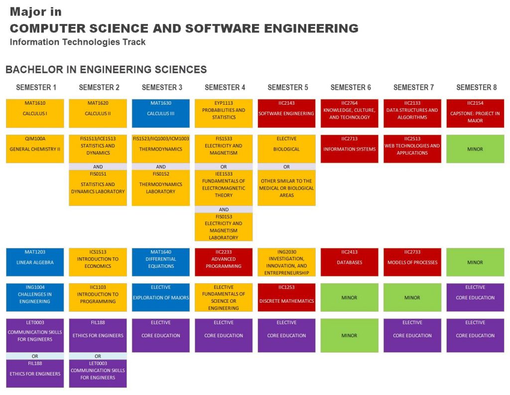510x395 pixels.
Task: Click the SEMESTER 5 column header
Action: point(287,87)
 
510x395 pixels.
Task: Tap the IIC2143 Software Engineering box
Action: point(286,113)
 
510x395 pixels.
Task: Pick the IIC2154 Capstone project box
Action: point(475,113)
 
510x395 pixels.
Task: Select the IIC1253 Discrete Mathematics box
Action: point(286,297)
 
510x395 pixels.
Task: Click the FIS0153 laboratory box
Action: point(224,227)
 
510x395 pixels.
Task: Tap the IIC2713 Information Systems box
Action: point(349,149)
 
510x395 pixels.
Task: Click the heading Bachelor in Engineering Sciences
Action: point(106,70)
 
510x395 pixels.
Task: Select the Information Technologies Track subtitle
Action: point(78,42)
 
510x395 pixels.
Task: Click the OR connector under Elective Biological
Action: point(286,167)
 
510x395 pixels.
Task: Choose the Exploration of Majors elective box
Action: point(160,297)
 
